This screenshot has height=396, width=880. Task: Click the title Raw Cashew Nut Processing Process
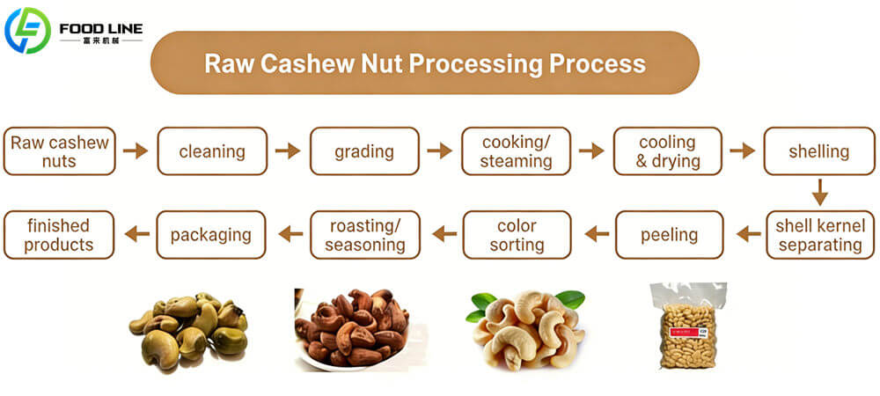coord(424,63)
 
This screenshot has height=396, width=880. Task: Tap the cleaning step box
coord(212,151)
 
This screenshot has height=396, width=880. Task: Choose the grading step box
coord(364,151)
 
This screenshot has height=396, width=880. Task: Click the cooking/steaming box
coord(517,151)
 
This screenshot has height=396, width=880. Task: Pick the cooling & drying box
coord(667,151)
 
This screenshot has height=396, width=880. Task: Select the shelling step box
coord(819,151)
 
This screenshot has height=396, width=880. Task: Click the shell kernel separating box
coord(819,234)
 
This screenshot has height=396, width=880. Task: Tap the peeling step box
coord(669,234)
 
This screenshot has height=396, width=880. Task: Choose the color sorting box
coord(517,234)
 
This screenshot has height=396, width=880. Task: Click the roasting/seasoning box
coord(364,234)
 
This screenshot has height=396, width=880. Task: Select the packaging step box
coord(211,234)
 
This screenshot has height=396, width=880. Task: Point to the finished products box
coord(59,234)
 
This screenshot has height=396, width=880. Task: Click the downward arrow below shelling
coord(819,192)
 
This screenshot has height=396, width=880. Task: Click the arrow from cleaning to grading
coord(288,151)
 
